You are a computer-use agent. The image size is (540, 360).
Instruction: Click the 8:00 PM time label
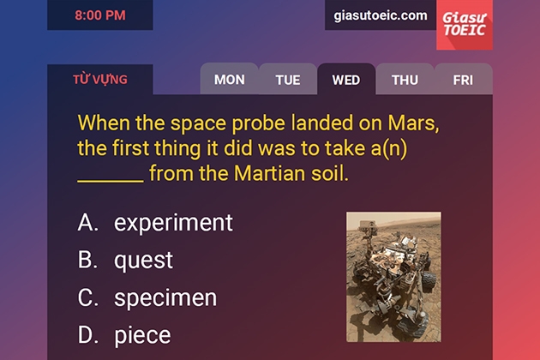pyautogui.click(x=100, y=15)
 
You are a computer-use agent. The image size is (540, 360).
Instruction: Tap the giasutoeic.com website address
pyautogui.click(x=381, y=15)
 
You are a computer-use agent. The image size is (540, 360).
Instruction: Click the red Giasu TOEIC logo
pyautogui.click(x=465, y=25)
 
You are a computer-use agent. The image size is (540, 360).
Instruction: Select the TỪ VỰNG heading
pyautogui.click(x=100, y=80)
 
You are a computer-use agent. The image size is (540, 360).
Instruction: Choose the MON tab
pyautogui.click(x=230, y=80)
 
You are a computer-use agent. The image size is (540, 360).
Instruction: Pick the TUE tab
pyautogui.click(x=288, y=80)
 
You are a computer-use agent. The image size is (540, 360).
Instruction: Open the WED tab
pyautogui.click(x=346, y=80)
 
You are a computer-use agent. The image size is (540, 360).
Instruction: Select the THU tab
pyautogui.click(x=405, y=80)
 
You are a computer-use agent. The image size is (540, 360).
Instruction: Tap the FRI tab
pyautogui.click(x=463, y=80)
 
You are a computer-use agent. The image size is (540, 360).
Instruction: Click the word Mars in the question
pyautogui.click(x=414, y=123)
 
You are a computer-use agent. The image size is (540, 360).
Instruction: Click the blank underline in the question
pyautogui.click(x=111, y=181)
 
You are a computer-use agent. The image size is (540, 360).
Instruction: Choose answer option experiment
pyautogui.click(x=173, y=223)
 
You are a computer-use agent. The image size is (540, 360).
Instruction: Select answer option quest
pyautogui.click(x=143, y=261)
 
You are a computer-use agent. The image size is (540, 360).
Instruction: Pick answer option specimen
pyautogui.click(x=165, y=297)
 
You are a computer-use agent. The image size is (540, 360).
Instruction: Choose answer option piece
pyautogui.click(x=142, y=335)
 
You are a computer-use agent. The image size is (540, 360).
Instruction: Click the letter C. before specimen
pyautogui.click(x=87, y=297)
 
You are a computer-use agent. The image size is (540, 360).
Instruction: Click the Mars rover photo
pyautogui.click(x=393, y=277)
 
